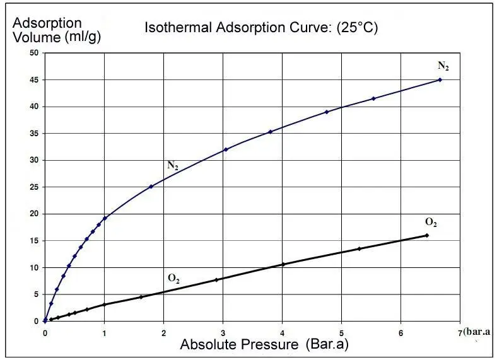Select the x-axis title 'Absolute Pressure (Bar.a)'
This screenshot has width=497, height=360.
pyautogui.click(x=264, y=345)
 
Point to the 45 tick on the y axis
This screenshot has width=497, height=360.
pyautogui.click(x=36, y=80)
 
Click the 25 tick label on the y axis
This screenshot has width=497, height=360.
pyautogui.click(x=36, y=187)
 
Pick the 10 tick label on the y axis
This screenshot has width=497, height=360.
pyautogui.click(x=36, y=267)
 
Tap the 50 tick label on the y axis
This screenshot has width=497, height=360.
pyautogui.click(x=36, y=53)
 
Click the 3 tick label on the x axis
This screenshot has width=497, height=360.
pyautogui.click(x=223, y=332)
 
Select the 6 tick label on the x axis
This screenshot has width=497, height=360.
pyautogui.click(x=401, y=332)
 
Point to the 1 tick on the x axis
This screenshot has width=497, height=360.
pyautogui.click(x=104, y=332)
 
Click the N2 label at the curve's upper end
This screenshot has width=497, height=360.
pyautogui.click(x=443, y=66)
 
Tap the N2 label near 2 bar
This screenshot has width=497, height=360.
pyautogui.click(x=172, y=166)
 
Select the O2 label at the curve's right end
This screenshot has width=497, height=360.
pyautogui.click(x=431, y=223)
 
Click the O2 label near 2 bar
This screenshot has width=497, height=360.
pyautogui.click(x=173, y=278)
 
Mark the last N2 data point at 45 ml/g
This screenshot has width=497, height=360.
pyautogui.click(x=440, y=79)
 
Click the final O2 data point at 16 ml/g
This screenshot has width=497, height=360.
pyautogui.click(x=427, y=235)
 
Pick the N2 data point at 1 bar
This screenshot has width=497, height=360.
pyautogui.click(x=105, y=218)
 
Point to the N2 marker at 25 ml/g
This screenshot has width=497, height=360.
pyautogui.click(x=151, y=186)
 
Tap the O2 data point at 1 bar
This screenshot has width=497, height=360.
pyautogui.click(x=105, y=305)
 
